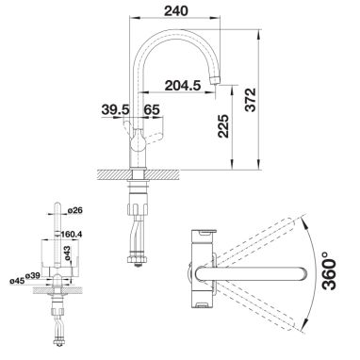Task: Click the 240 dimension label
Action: (x=175, y=10)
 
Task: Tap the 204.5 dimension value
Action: (x=183, y=86)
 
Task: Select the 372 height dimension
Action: (x=251, y=100)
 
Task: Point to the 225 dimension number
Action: (x=223, y=126)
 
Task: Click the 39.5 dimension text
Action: (x=115, y=109)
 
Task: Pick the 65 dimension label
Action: (x=152, y=109)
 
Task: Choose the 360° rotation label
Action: (x=329, y=270)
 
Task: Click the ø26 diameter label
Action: (x=74, y=210)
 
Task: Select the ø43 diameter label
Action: (x=67, y=254)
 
